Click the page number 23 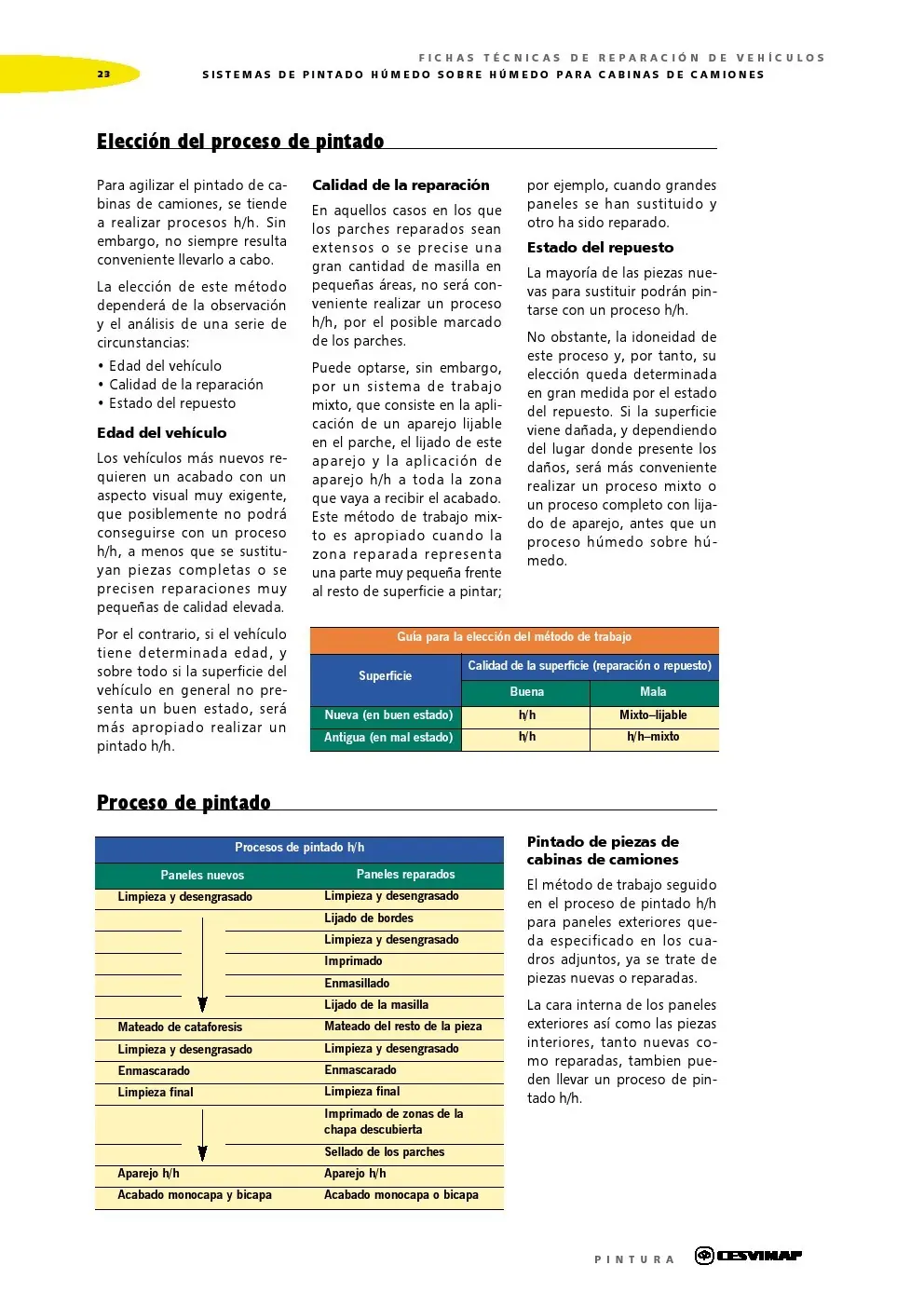pos(103,75)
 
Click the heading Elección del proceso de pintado pos(240,142)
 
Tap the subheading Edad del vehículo pos(162,433)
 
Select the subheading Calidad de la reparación pos(401,185)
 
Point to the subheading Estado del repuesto pos(600,248)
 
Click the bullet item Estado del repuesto pos(172,403)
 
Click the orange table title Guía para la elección pos(514,637)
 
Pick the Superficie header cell pos(385,676)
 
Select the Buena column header pos(526,692)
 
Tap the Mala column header pos(653,692)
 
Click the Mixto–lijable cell pos(653,715)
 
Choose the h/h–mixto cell pos(653,737)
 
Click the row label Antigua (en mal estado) pos(387,738)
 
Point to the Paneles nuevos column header pos(202,876)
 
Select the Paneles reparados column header pos(405,875)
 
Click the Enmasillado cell pos(357,984)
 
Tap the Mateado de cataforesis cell pos(180,1027)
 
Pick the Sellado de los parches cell pos(384,1152)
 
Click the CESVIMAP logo pos(749,1256)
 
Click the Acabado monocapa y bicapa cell pos(195,1195)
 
